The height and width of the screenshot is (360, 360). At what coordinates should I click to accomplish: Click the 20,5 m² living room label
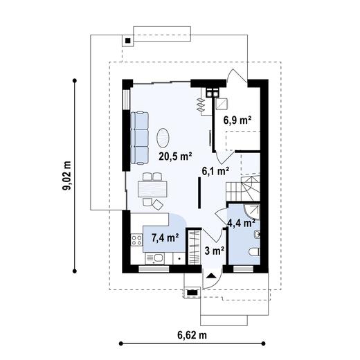(x=175, y=156)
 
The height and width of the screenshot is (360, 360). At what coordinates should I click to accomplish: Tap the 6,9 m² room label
(x=237, y=120)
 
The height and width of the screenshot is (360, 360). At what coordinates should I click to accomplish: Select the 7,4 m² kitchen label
(x=165, y=237)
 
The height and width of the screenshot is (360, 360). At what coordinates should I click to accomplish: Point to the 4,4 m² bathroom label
(x=241, y=223)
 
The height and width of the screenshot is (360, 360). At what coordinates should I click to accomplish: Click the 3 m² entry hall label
(x=215, y=251)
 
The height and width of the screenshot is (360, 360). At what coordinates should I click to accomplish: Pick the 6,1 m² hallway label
(x=215, y=171)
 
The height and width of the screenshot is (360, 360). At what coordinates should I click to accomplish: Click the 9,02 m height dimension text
(x=67, y=175)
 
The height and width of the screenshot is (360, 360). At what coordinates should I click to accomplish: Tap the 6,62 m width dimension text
(x=192, y=335)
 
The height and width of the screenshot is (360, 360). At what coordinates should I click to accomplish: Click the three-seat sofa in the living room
(x=139, y=138)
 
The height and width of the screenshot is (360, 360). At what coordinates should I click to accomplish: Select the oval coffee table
(x=163, y=138)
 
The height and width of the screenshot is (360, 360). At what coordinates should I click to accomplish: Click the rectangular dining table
(x=152, y=189)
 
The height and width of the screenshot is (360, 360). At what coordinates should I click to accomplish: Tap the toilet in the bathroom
(x=255, y=252)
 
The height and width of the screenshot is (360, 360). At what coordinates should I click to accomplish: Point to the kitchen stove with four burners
(x=136, y=240)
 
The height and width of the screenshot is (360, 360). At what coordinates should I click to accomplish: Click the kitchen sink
(x=155, y=259)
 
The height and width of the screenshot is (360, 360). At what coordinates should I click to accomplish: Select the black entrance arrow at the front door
(x=211, y=276)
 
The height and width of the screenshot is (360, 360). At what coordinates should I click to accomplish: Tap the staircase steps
(x=243, y=188)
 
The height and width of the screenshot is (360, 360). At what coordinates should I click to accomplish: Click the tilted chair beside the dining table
(x=158, y=204)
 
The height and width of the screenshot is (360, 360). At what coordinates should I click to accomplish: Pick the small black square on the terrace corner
(x=128, y=41)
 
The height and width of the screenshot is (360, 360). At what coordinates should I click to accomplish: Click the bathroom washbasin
(x=257, y=235)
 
